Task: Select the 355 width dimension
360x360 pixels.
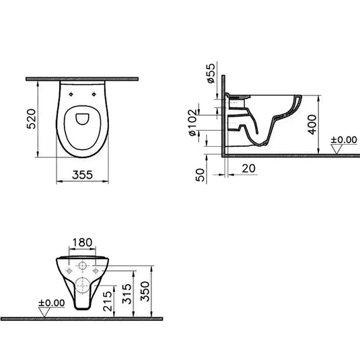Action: [81, 174]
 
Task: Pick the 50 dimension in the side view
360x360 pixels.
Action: [199, 174]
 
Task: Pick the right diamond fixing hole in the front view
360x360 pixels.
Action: [97, 271]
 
